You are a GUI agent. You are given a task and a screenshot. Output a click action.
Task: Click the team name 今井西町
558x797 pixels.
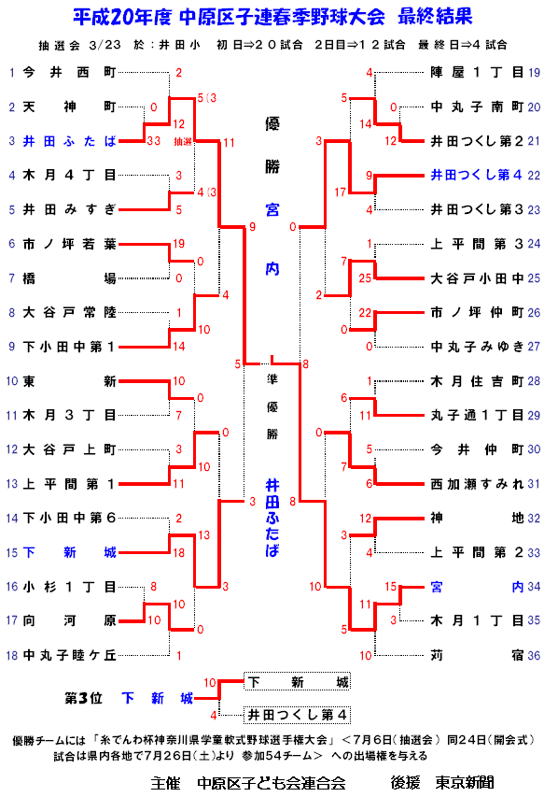coord(69,73)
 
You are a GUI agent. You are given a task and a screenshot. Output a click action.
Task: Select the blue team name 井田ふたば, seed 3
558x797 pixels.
coord(69,141)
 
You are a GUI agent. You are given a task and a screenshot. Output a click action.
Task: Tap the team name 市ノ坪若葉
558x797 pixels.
coord(69,244)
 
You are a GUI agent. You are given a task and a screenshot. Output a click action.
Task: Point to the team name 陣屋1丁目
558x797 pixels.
coord(477,73)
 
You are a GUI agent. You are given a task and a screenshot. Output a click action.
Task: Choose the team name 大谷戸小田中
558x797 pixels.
coord(477,278)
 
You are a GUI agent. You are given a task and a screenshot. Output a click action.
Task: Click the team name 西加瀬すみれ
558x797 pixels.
coord(477,484)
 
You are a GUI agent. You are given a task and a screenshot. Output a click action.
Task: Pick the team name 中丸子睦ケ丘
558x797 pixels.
coord(69,655)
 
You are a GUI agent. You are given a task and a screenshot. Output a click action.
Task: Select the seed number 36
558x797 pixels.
coord(534,656)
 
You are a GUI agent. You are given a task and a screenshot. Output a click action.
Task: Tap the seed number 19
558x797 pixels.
coord(534,73)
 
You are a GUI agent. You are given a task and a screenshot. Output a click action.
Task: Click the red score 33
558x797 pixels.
coord(153,141)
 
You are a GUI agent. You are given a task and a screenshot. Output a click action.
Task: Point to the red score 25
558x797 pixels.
coord(365,278)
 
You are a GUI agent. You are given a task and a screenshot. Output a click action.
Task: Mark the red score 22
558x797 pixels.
coord(365,313)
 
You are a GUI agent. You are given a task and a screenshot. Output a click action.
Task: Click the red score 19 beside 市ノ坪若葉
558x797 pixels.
coord(179,244)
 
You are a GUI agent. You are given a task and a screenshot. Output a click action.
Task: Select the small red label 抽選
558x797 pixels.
coord(183,142)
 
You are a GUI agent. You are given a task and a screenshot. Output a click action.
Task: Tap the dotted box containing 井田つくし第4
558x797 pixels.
coord(297,715)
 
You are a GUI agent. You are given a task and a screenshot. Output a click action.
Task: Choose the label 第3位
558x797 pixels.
coord(83,698)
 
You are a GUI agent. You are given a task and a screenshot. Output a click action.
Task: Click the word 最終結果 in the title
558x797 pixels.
coord(435,17)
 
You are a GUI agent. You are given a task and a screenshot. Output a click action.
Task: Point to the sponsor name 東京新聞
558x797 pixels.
coord(464,783)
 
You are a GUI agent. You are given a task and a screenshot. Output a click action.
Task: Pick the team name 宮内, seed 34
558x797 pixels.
coord(477,587)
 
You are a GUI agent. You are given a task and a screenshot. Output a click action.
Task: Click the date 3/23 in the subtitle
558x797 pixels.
coord(105,45)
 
